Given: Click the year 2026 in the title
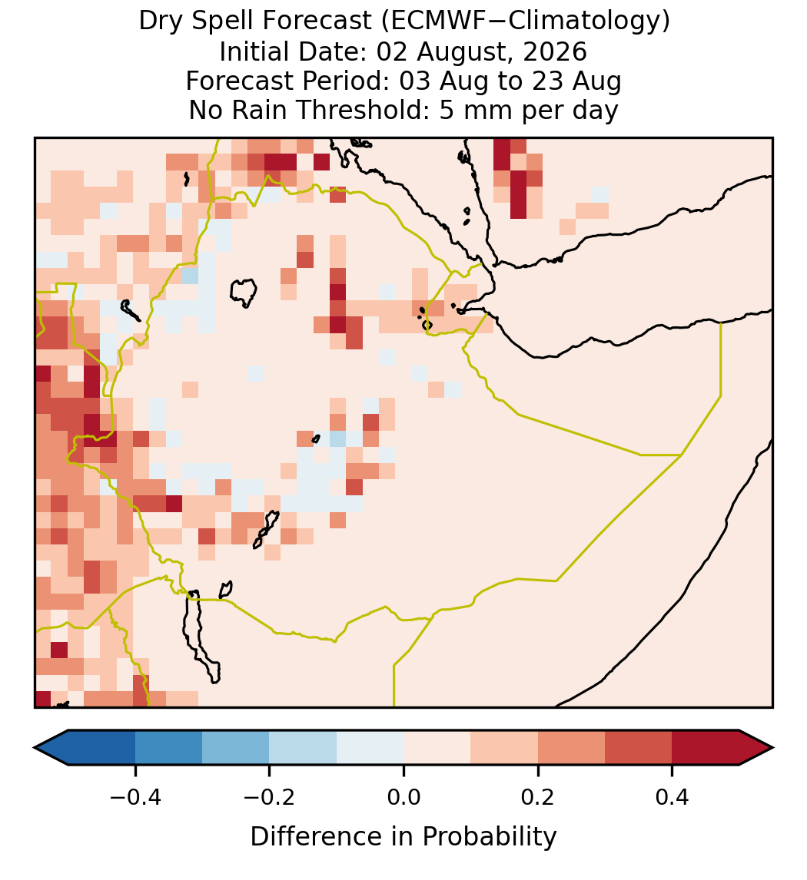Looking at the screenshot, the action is pos(555,51).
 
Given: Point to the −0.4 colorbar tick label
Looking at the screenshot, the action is pos(134,797).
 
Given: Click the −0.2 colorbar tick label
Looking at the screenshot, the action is pos(269,797).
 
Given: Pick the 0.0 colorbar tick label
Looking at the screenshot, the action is pos(403,797).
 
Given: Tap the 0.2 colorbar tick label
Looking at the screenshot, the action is pos(538,797).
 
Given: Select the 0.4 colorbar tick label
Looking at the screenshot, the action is pos(672,797).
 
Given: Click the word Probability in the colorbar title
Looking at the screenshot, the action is pos(489,837).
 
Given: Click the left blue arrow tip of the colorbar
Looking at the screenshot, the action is pos(35,748).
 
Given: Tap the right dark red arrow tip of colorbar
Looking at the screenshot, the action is pos(772,748).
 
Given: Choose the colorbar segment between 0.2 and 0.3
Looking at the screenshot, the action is pos(571,748).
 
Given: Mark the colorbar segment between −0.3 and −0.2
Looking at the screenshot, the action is pos(235,748).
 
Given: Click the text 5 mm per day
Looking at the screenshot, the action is pos(529,110).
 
